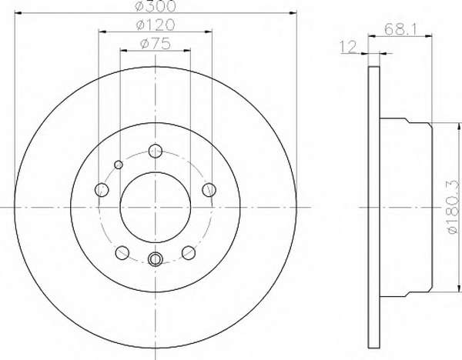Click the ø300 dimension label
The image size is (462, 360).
tap(156, 6)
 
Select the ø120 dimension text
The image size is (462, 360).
tap(156, 25)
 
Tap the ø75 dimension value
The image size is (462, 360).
tap(156, 44)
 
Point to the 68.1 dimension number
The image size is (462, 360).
tap(400, 29)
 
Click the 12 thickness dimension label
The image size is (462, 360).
tap(348, 47)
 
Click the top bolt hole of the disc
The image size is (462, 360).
tap(156, 151)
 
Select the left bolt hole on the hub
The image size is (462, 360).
tap(102, 189)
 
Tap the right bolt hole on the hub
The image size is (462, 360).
tap(209, 189)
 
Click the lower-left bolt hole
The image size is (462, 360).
tap(122, 253)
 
